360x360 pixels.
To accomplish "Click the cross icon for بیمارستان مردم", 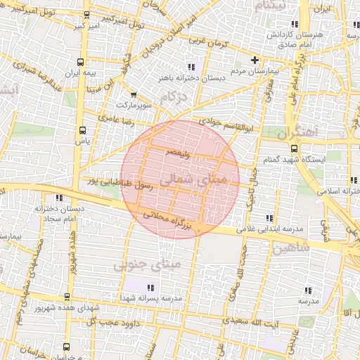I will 254,60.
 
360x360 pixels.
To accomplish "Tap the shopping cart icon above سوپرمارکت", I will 133,94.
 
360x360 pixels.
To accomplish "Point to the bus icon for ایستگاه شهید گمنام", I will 293,148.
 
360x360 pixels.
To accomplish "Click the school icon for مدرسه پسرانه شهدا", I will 150,287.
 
